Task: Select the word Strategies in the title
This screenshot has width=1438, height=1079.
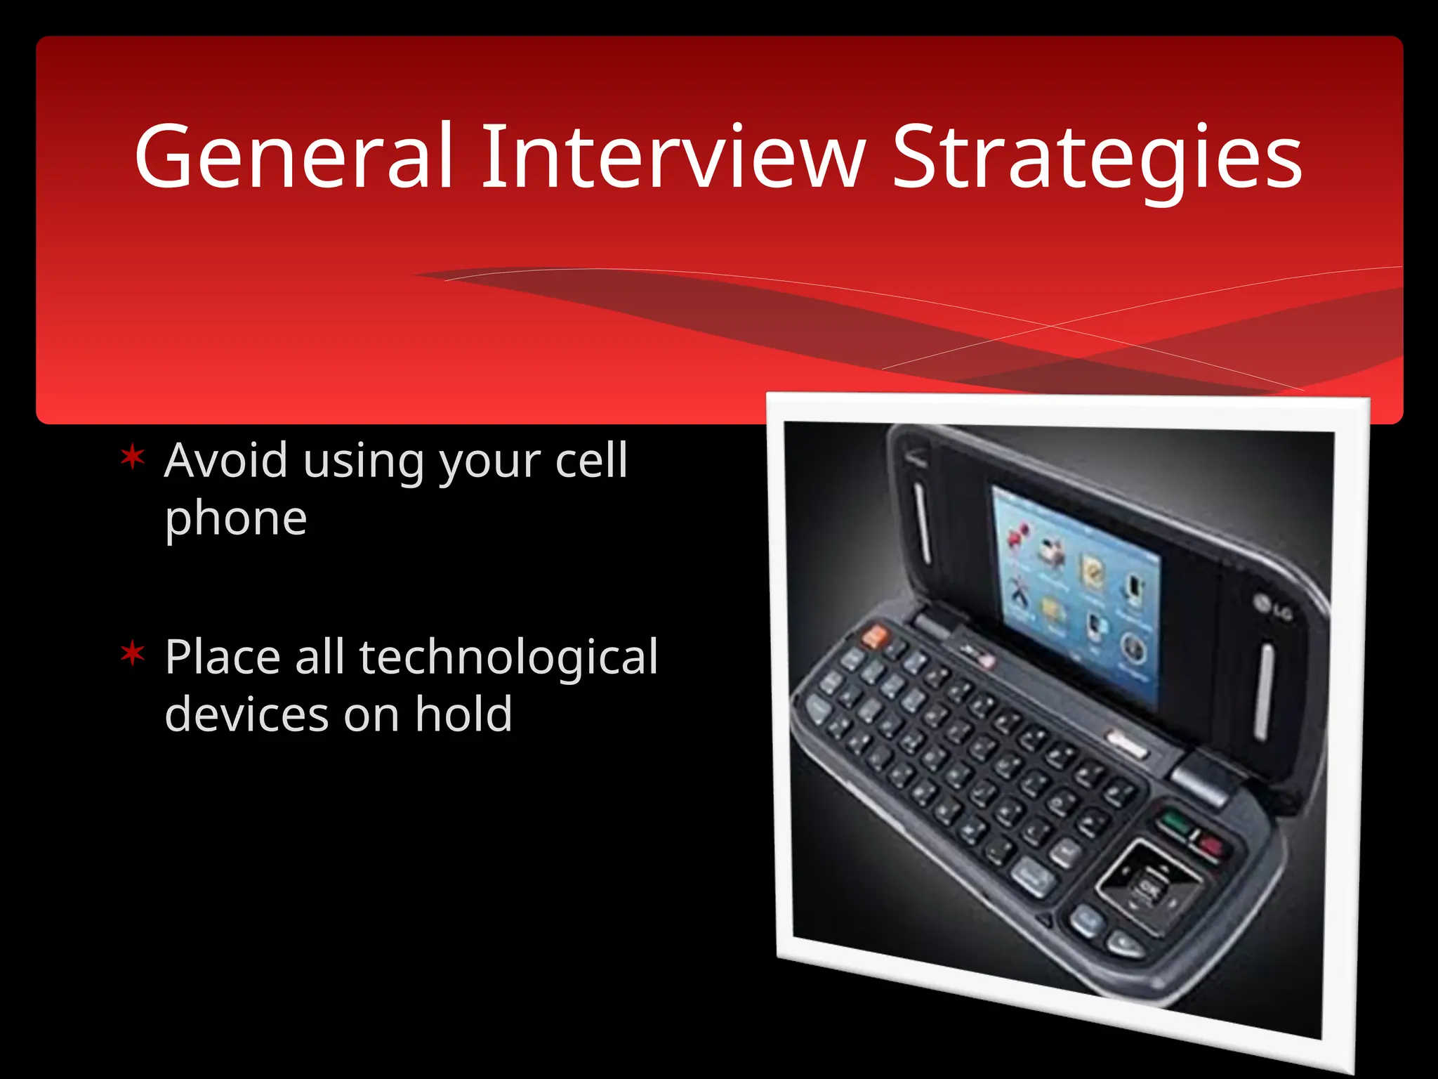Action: (1097, 158)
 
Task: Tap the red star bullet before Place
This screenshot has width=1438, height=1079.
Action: (133, 655)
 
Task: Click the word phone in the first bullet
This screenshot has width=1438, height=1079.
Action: (236, 520)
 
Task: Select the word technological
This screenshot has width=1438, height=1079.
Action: (509, 658)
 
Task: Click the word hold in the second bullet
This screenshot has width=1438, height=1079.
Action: (463, 715)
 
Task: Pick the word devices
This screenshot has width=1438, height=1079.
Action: (246, 715)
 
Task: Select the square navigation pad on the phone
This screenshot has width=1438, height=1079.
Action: (1149, 887)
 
